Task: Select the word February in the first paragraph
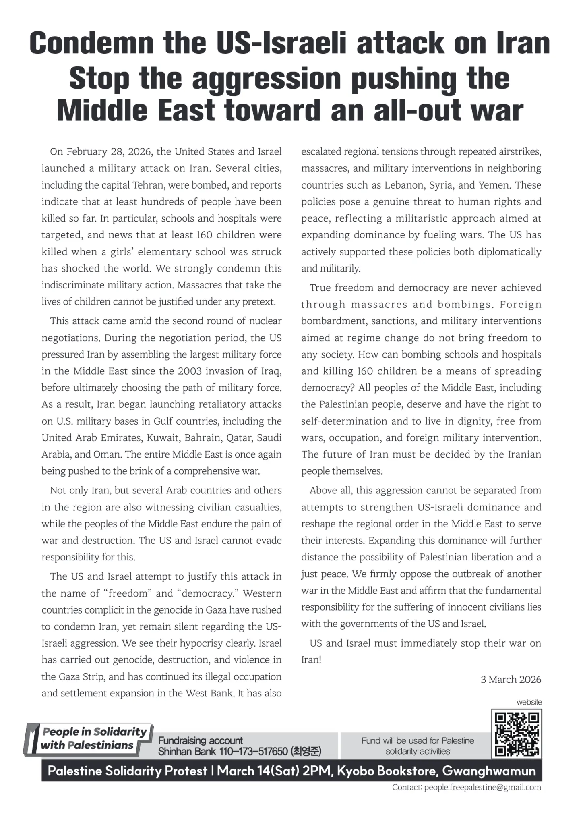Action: (86, 152)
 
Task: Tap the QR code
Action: (517, 734)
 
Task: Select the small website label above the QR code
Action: (529, 702)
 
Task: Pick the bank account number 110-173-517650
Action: (253, 751)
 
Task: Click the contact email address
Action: (482, 787)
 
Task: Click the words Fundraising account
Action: (201, 740)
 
